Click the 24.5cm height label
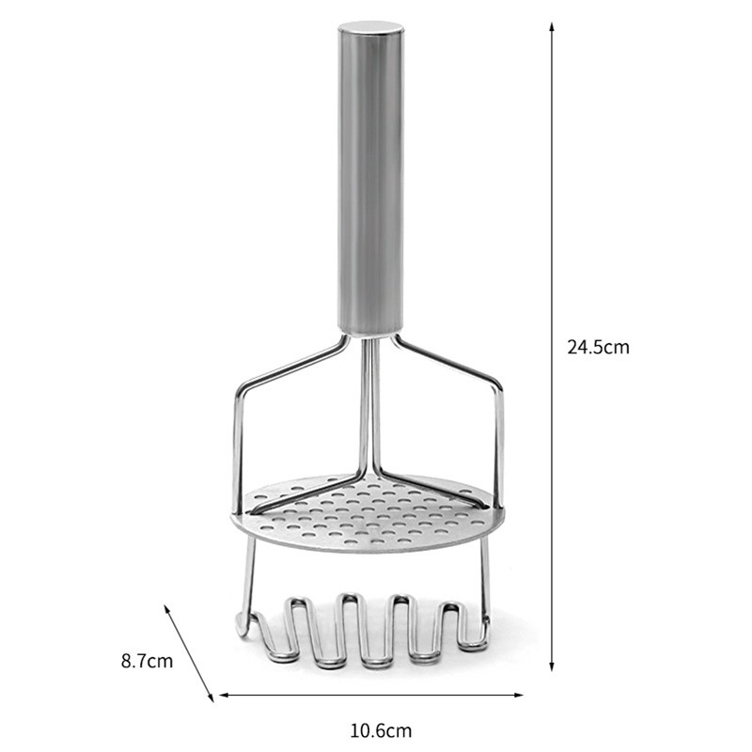coord(598,347)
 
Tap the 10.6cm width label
coord(381,729)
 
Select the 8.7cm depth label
coord(147,661)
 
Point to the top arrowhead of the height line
coord(552,26)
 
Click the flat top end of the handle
coord(370,26)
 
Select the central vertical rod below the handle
coord(370,404)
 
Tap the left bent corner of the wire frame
coord(239,387)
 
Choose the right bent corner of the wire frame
coord(499,387)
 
